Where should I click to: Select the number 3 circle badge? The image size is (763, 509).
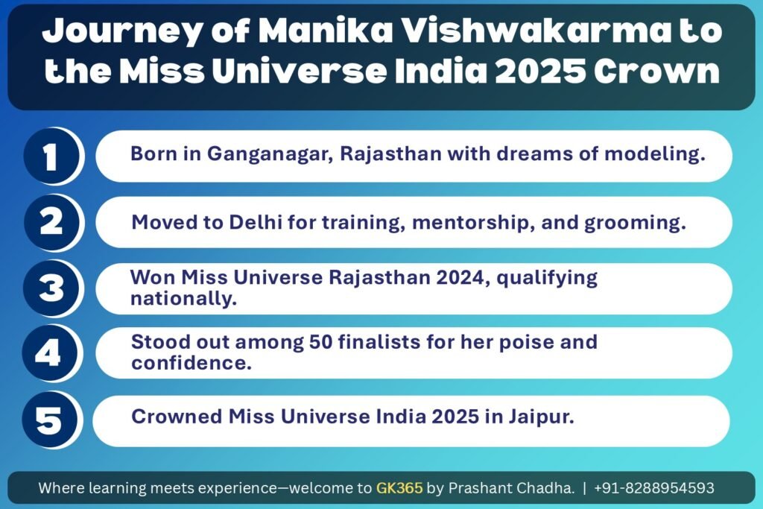[x=51, y=288]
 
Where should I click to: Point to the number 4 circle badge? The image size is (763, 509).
[x=51, y=353]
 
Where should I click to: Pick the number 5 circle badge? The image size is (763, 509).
[x=51, y=420]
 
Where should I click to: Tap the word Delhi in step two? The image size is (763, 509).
[x=256, y=222]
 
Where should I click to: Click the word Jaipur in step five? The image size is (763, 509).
[x=541, y=417]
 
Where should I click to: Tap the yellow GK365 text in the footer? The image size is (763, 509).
[x=399, y=487]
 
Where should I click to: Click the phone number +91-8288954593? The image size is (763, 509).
[x=654, y=487]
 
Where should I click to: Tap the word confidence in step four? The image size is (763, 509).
[x=191, y=363]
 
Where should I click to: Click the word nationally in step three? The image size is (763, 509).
[x=183, y=298]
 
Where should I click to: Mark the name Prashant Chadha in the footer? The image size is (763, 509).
[x=511, y=487]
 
